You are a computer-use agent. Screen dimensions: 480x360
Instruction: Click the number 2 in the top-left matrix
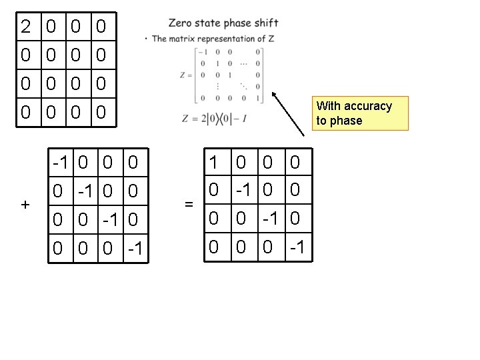tap(26, 27)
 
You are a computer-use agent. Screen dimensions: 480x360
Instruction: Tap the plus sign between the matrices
tap(25, 205)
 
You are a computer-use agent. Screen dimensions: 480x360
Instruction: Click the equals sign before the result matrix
tap(189, 205)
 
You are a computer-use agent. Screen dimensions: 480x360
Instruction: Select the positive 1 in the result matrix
tap(213, 162)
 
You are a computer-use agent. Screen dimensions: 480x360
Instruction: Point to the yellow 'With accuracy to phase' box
tap(361, 113)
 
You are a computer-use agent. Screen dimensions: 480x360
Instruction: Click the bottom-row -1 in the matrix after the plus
tap(135, 248)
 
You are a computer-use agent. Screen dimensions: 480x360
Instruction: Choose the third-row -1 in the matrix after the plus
tap(111, 219)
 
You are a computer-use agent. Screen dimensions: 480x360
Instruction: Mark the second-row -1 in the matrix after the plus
tap(87, 191)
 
